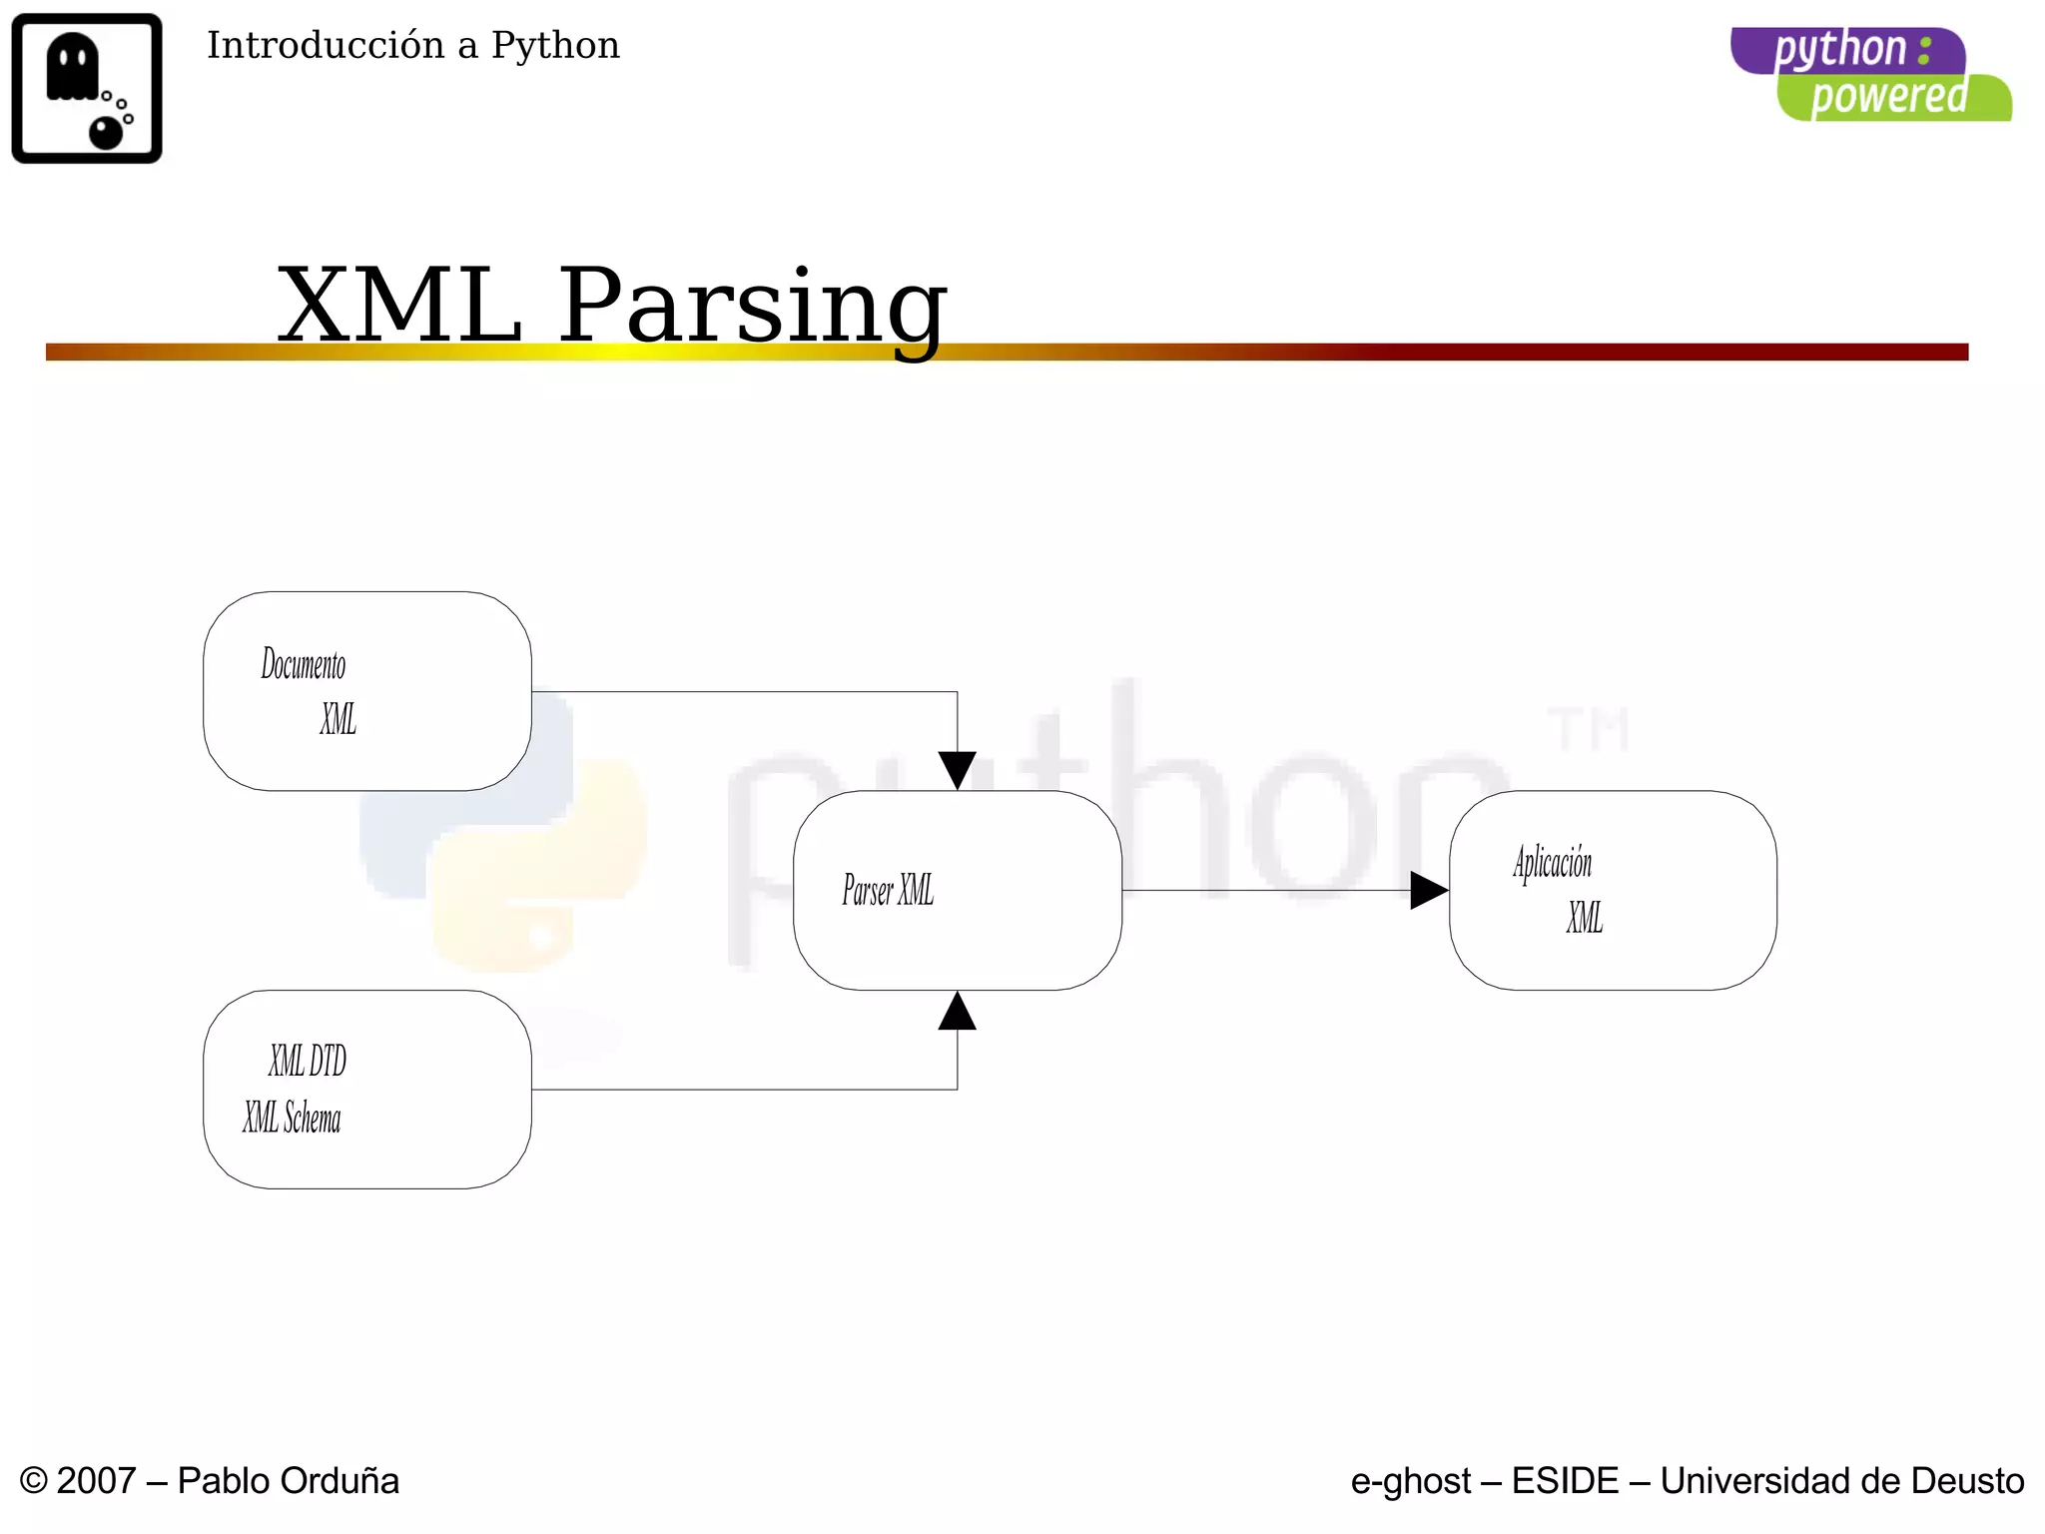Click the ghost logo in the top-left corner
(87, 88)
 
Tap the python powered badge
(1870, 75)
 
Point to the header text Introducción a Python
(412, 46)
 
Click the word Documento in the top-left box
(304, 664)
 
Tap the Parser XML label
(888, 890)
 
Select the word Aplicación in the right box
(1552, 863)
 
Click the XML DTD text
(307, 1061)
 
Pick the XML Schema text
(292, 1118)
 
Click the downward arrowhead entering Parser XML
(957, 770)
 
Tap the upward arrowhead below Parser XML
(957, 1011)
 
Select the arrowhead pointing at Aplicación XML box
(1428, 890)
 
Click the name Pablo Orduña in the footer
(288, 1481)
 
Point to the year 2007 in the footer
(96, 1481)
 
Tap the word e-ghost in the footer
(1410, 1481)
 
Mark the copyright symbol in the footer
(33, 1481)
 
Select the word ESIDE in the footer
(1565, 1481)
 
